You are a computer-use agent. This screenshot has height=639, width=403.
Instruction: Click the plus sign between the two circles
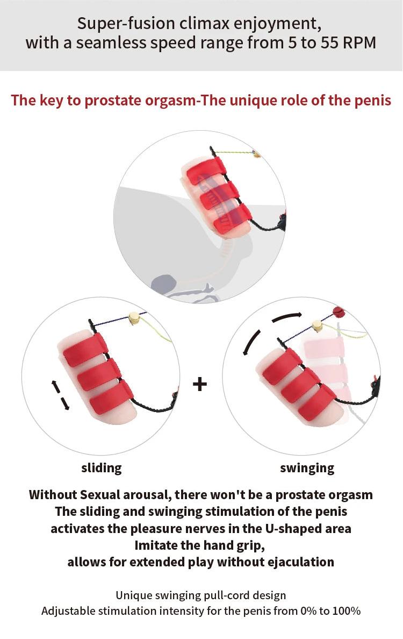199,384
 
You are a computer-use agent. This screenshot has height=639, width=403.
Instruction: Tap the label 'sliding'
102,468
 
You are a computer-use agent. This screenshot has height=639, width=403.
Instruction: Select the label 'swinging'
307,468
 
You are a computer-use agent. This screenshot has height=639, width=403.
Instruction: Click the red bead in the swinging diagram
339,312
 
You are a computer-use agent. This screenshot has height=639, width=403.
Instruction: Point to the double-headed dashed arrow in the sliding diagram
60,395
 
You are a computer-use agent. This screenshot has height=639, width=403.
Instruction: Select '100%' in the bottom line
347,611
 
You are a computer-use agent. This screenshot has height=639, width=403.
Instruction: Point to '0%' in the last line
308,611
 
